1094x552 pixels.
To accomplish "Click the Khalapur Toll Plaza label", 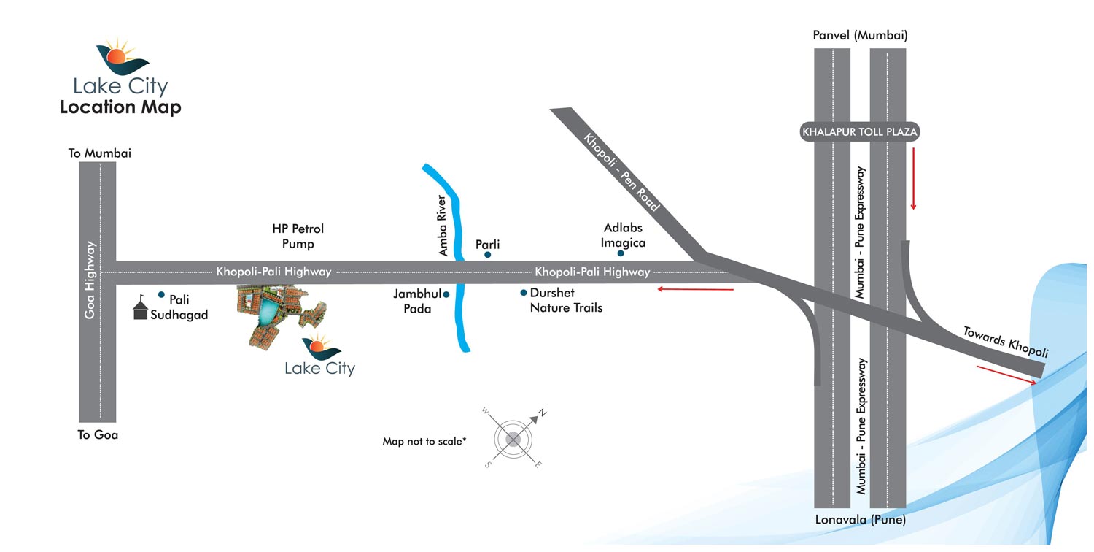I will pyautogui.click(x=859, y=132).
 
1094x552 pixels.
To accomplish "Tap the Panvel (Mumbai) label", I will pyautogui.click(x=860, y=35).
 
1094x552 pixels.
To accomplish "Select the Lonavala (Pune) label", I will pyautogui.click(x=860, y=521).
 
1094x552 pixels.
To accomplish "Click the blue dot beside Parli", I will pyautogui.click(x=487, y=255).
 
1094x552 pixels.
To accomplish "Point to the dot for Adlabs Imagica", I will pyautogui.click(x=621, y=253).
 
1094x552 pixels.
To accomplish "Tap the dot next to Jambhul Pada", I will pyautogui.click(x=446, y=294).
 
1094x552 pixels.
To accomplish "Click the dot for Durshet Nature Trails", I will pyautogui.click(x=524, y=293).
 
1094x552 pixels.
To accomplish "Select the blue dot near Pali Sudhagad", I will pyautogui.click(x=161, y=294).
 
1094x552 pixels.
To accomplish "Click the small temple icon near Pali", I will pyautogui.click(x=140, y=309).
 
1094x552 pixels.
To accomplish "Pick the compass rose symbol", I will pyautogui.click(x=513, y=439).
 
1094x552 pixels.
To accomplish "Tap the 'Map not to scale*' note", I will pyautogui.click(x=424, y=442).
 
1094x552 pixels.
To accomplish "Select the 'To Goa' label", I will pyautogui.click(x=98, y=434).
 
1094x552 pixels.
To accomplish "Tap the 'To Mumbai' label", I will pyautogui.click(x=99, y=153).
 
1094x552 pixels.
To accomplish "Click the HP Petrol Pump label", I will pyautogui.click(x=298, y=236).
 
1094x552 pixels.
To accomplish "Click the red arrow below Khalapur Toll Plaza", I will pyautogui.click(x=912, y=178).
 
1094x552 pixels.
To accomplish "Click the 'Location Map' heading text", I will pyautogui.click(x=120, y=107).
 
